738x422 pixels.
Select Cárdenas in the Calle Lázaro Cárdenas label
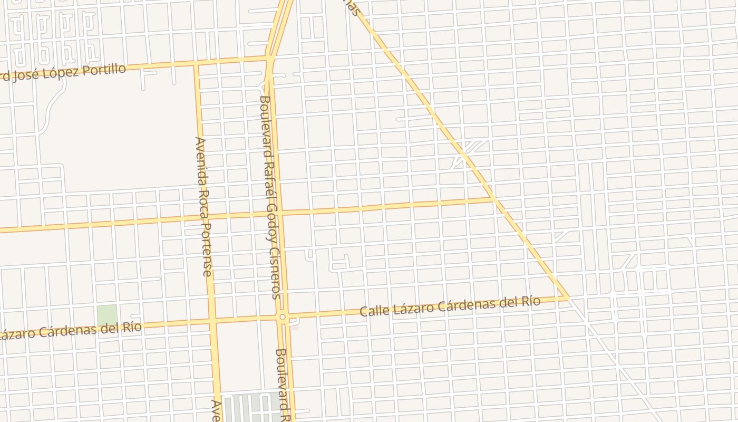coord(465,304)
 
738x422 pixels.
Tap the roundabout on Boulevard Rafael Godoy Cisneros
coord(283,316)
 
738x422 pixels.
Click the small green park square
coord(106,315)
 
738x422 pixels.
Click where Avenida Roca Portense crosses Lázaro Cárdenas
coord(212,321)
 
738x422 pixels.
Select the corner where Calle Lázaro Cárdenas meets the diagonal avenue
coord(567,298)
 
